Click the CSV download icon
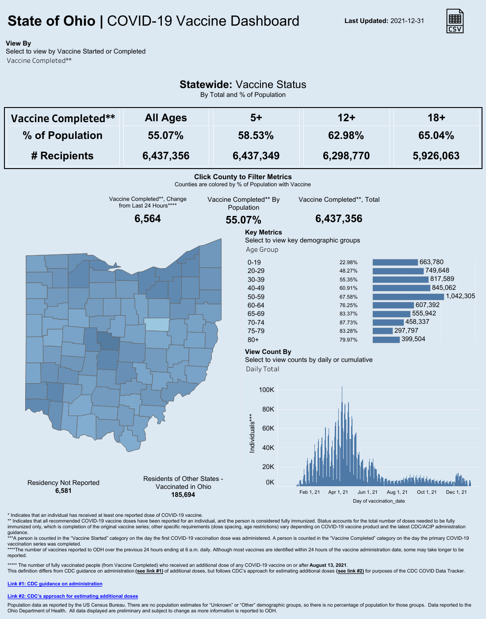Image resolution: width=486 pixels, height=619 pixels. coord(455,21)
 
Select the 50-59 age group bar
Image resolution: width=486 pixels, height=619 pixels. coord(408,296)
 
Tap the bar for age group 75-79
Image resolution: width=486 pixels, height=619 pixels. coord(383,331)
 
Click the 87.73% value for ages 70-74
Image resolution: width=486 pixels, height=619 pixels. coord(348,323)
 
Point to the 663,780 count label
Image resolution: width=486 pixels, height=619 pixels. coord(431,262)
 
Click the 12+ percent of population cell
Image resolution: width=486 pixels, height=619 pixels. coord(346,135)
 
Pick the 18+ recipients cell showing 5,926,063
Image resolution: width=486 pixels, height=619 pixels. coord(436,156)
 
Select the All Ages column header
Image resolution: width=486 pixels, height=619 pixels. coord(166,118)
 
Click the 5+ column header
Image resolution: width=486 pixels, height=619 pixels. coord(256,118)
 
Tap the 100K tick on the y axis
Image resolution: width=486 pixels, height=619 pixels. coord(267,390)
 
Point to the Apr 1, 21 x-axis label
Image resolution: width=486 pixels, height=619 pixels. coord(338,492)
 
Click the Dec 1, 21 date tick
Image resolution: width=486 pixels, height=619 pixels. coord(456,492)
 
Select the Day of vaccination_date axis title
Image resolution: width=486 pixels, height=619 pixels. coord(379,501)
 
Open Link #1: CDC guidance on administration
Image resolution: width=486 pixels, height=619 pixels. coord(55,584)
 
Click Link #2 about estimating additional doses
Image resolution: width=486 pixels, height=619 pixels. coord(73,596)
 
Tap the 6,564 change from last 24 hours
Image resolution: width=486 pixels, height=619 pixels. coord(148,219)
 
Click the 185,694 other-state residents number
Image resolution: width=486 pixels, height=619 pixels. coord(183,495)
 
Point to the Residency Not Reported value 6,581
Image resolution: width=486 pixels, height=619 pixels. coord(63,491)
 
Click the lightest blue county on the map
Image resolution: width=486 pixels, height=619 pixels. coord(157,324)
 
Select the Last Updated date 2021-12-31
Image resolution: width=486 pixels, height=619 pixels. coord(407,21)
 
